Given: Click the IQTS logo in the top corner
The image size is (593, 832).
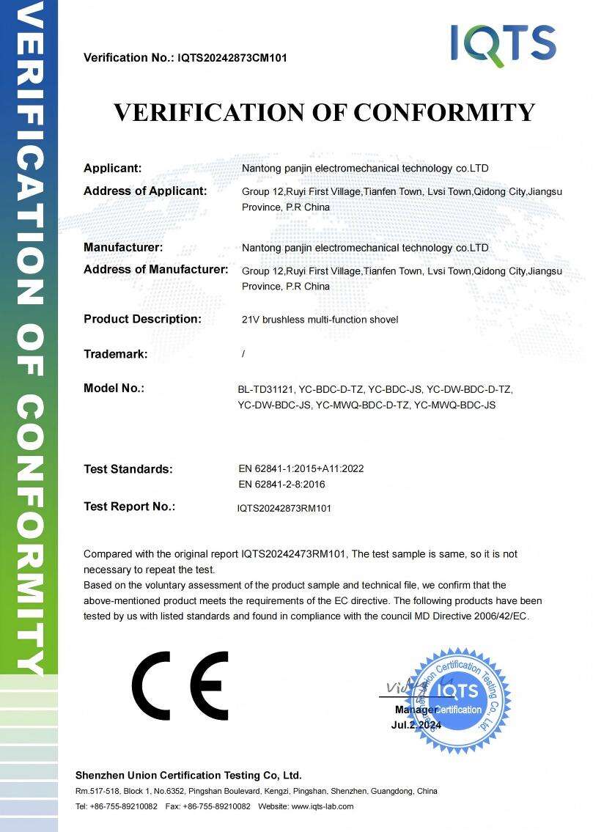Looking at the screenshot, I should (x=503, y=43).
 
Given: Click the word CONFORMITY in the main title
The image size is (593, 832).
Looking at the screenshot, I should (x=444, y=112).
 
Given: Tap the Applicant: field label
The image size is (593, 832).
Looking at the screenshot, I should (x=112, y=168).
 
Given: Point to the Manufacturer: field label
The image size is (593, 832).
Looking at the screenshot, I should (x=123, y=248).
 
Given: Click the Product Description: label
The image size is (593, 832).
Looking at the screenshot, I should (x=142, y=319).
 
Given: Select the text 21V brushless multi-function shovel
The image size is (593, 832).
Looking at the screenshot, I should (x=320, y=320).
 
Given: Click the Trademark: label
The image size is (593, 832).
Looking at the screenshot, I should (x=116, y=354).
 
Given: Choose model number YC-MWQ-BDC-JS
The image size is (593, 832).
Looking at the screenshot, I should (x=454, y=405).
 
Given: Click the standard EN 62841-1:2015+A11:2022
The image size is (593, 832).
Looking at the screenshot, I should (x=301, y=468).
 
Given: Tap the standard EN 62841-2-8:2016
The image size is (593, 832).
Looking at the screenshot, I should (x=282, y=485).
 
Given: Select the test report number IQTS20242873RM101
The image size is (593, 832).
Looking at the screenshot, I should (x=284, y=508).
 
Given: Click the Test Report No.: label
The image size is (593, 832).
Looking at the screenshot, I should (x=129, y=507).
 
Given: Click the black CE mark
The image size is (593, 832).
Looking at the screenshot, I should (x=180, y=686).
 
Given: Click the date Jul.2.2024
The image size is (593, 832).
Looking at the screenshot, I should (x=416, y=725).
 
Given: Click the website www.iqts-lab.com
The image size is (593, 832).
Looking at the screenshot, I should (x=323, y=806).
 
